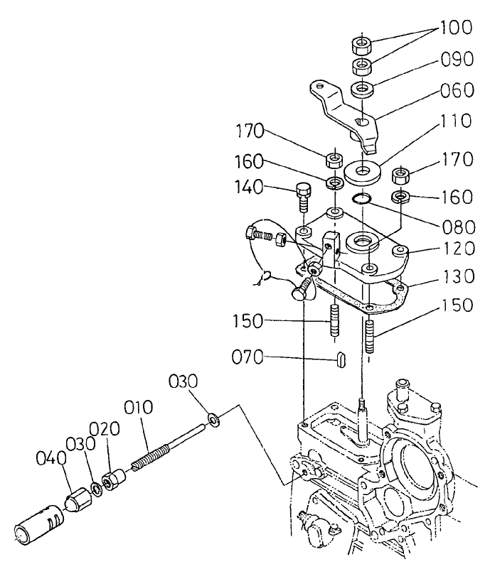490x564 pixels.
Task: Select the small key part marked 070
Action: (x=341, y=359)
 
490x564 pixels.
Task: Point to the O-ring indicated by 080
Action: (x=363, y=200)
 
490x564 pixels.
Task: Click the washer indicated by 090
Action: (x=364, y=90)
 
